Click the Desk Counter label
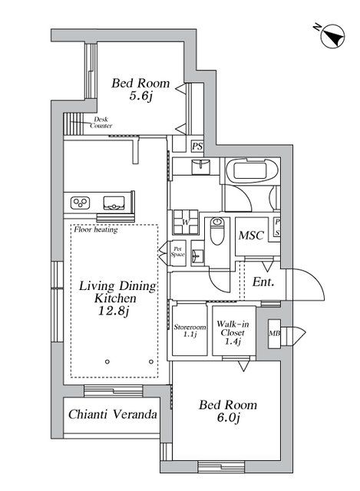pyautogui.click(x=103, y=122)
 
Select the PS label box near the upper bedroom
pyautogui.click(x=197, y=146)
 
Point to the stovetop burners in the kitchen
pyautogui.click(x=80, y=203)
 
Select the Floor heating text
pyautogui.click(x=95, y=229)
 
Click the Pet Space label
pyautogui.click(x=177, y=251)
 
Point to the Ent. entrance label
pyautogui.click(x=263, y=282)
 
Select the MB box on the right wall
pyautogui.click(x=274, y=334)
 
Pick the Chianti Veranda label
pyautogui.click(x=112, y=414)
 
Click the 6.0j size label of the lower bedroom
pyautogui.click(x=228, y=417)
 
